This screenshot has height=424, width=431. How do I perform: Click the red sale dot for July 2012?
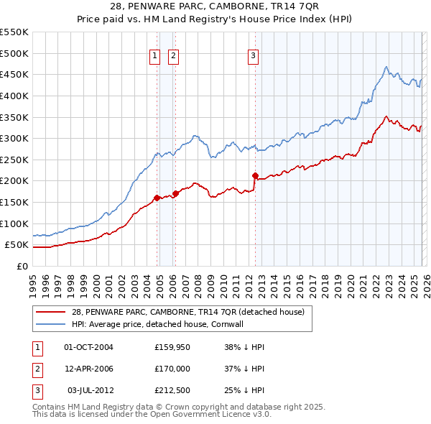(255, 175)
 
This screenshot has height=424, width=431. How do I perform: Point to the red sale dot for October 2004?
(157, 198)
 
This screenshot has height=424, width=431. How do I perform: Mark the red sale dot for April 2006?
(176, 193)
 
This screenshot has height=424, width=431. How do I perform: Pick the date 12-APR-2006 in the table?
(88, 369)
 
